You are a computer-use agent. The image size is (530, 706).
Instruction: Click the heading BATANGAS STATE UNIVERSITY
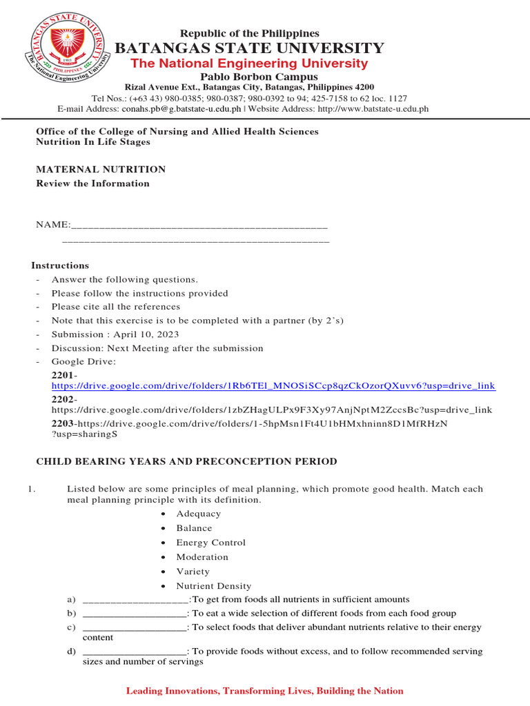click(x=249, y=48)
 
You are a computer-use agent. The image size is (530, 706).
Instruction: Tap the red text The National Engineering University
click(x=249, y=63)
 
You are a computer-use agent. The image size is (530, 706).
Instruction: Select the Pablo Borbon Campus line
click(x=249, y=77)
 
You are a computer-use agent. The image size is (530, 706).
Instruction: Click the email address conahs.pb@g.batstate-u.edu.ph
click(x=181, y=108)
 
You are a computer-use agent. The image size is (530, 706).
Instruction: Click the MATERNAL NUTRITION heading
click(x=101, y=169)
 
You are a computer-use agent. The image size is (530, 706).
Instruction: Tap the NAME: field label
click(x=52, y=225)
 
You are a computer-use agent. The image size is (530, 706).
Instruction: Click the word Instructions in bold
click(x=60, y=265)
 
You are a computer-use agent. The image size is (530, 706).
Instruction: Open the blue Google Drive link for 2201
click(x=273, y=386)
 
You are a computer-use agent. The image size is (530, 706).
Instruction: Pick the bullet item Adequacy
click(x=199, y=514)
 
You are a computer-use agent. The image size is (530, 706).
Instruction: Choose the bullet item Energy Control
click(x=210, y=543)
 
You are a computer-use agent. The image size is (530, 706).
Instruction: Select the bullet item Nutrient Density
click(x=213, y=586)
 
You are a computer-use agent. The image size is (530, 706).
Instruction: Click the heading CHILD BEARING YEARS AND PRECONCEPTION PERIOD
click(x=186, y=461)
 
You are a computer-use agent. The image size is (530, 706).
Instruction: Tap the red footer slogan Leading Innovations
click(x=264, y=691)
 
